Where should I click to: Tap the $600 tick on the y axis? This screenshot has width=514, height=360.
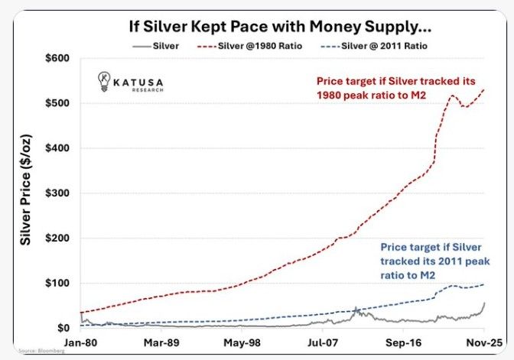pos(58,58)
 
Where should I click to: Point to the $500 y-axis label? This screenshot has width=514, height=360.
pos(58,103)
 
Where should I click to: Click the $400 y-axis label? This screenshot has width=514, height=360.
pos(58,148)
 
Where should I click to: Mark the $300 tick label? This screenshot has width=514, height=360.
pos(58,193)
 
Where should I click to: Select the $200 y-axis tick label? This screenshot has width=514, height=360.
pos(58,238)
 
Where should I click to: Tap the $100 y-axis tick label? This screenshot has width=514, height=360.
pos(58,284)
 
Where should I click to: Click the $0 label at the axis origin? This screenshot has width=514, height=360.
pos(64,328)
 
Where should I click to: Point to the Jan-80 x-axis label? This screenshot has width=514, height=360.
pos(80,343)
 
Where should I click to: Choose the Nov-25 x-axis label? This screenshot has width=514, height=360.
pos(484,343)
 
